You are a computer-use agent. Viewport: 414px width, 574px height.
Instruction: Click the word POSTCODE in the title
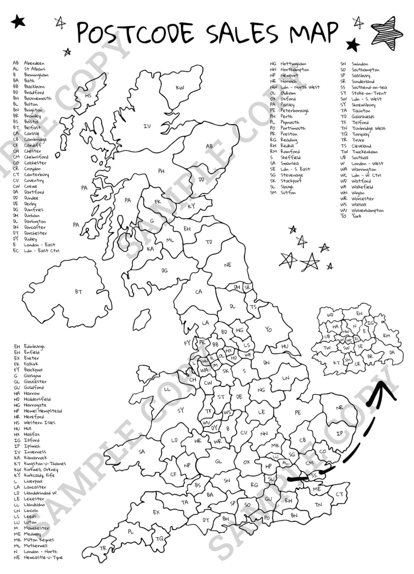coord(136,33)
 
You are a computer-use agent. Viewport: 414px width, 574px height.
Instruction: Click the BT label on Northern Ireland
coord(78,292)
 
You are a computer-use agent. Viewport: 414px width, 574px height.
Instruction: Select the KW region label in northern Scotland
coord(180,88)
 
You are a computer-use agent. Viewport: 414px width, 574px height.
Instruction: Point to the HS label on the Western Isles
coord(88,96)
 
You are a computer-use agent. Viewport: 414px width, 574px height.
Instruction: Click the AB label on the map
coord(209,146)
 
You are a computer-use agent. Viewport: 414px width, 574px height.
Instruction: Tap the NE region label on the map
coord(228,265)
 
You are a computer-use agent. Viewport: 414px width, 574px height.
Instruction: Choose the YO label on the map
coord(269,329)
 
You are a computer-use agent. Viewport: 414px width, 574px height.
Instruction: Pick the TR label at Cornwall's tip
coord(103,541)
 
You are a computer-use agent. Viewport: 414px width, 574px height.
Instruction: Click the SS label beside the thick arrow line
coord(314,476)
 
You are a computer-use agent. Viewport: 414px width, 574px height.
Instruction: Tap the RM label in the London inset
coord(387,336)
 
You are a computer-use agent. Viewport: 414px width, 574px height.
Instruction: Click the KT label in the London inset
coord(337,363)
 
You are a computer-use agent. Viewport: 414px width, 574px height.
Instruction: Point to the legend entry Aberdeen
coord(34,63)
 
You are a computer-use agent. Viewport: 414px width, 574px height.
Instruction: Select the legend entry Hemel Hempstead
coord(43,411)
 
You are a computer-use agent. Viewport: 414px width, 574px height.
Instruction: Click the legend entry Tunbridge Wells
coord(368,128)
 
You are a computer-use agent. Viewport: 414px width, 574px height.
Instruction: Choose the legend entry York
coord(356,216)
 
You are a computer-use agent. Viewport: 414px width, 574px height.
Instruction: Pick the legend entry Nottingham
coord(293,64)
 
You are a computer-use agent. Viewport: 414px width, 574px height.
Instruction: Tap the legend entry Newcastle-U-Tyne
coord(43,558)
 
